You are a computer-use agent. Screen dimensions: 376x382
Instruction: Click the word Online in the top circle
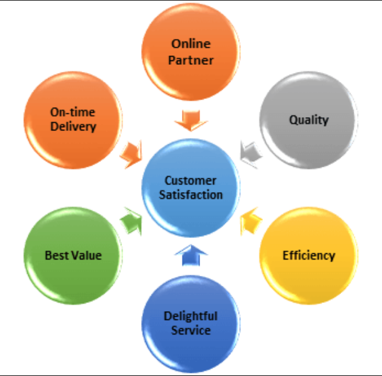tap(191, 45)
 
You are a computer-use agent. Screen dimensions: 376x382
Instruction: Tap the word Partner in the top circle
tap(191, 61)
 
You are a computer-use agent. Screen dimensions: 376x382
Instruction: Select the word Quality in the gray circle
tap(309, 120)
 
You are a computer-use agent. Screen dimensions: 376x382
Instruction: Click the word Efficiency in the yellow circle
tap(308, 255)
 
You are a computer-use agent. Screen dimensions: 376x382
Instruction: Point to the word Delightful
tap(191, 316)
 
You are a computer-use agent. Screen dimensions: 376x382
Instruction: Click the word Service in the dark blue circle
tap(191, 330)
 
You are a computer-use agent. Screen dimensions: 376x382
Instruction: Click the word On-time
tap(73, 111)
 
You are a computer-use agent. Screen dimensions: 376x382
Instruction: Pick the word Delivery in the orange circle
tap(73, 127)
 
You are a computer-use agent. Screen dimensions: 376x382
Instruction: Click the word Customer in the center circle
tap(191, 180)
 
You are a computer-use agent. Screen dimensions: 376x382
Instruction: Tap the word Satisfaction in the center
tap(191, 195)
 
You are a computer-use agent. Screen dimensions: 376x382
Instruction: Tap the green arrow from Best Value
tap(130, 220)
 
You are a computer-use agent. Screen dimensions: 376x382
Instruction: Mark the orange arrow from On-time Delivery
tap(132, 152)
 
